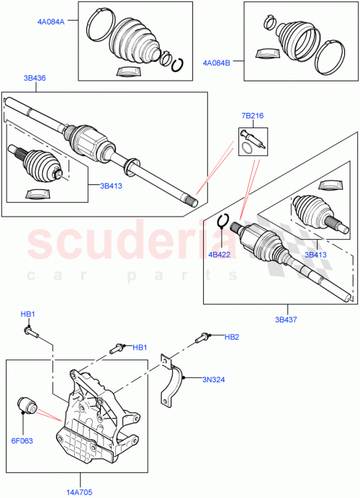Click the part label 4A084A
[x=51, y=22]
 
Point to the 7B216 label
[x=253, y=114]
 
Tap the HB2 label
[x=231, y=337]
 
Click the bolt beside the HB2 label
[x=204, y=336]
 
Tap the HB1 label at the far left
[x=27, y=314]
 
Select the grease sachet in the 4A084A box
[x=128, y=70]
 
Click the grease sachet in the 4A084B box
[x=265, y=54]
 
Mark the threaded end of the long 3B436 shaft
[x=189, y=202]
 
